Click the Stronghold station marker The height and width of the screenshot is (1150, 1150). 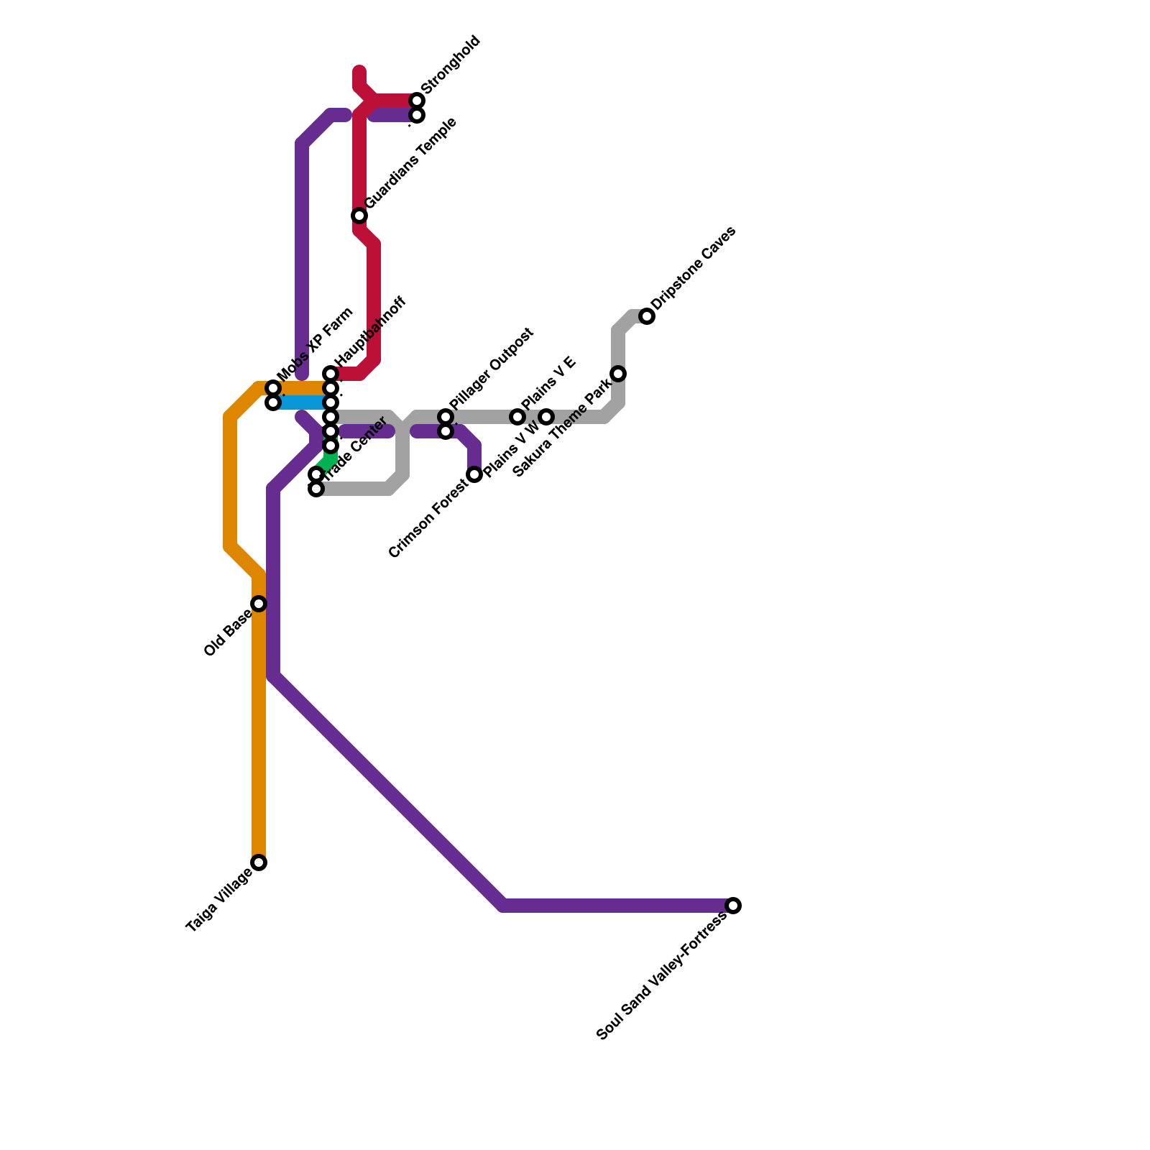tap(417, 101)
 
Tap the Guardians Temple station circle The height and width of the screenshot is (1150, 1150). tap(359, 216)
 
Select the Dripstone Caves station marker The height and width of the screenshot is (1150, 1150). tap(647, 316)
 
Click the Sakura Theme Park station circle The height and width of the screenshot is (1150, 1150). tap(618, 374)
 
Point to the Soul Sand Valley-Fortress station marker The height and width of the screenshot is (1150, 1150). tap(733, 906)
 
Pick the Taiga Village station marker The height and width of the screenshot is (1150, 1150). tap(259, 862)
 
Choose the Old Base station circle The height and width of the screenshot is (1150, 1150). tap(259, 604)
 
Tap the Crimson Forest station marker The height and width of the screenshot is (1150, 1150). tap(474, 474)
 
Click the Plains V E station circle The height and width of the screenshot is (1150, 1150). tap(517, 417)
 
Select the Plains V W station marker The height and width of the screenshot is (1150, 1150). tap(546, 417)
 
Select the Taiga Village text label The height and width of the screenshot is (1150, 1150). tap(219, 901)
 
